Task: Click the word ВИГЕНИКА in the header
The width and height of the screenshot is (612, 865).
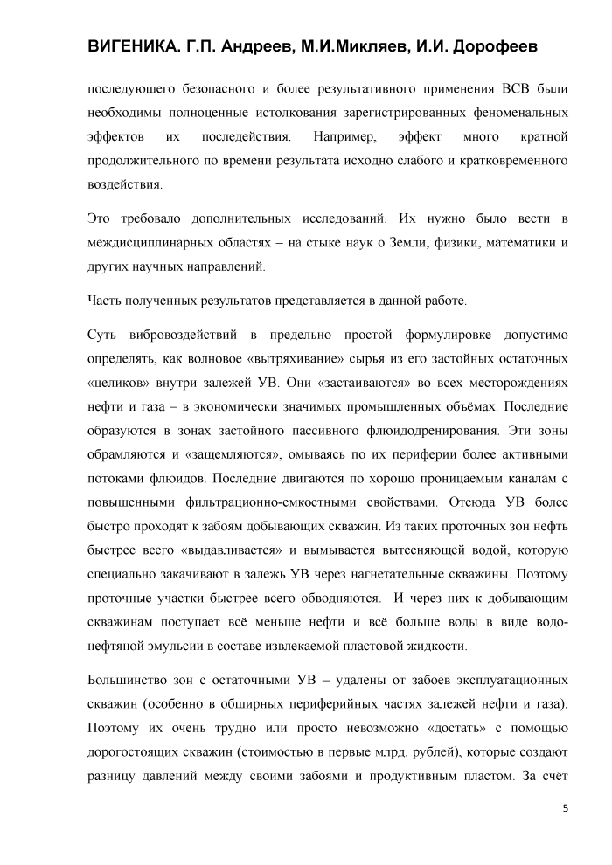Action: (131, 46)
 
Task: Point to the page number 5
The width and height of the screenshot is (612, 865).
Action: (565, 808)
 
